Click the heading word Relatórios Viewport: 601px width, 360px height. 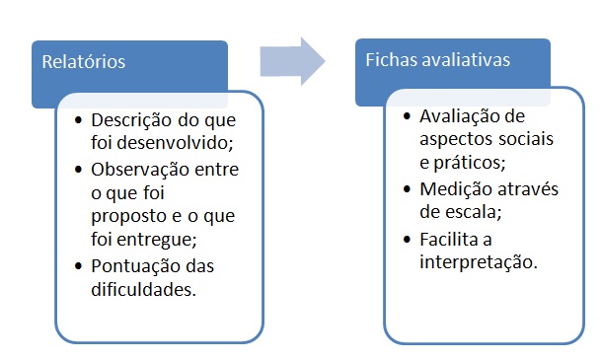pos(84,62)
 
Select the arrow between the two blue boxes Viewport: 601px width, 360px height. pos(292,61)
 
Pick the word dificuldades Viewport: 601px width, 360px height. pos(144,289)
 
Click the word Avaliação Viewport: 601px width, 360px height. pos(460,116)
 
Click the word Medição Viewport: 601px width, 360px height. pos(456,189)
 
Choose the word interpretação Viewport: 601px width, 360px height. pos(479,262)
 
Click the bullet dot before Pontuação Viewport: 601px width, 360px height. pos(79,265)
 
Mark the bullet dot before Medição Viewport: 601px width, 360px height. pos(407,188)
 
